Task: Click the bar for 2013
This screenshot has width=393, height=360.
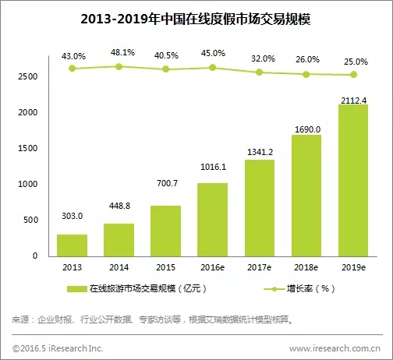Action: point(72,245)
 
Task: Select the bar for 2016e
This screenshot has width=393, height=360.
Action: point(212,220)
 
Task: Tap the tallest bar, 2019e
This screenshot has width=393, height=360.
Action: point(353,181)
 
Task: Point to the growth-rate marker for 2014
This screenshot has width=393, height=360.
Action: point(119,67)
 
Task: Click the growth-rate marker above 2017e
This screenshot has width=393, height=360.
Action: point(259,72)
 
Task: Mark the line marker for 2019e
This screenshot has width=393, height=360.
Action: point(353,75)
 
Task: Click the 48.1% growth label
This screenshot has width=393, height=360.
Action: point(122,52)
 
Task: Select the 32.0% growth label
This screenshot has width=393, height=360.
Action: point(263,58)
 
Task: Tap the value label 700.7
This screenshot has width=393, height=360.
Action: point(167,183)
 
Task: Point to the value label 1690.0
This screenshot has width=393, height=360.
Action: point(307,129)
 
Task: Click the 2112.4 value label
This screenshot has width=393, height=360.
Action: point(353,101)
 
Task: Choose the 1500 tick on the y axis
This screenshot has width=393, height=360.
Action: point(27,148)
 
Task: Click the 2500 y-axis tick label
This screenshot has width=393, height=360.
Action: point(27,76)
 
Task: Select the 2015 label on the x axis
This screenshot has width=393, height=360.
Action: point(165,267)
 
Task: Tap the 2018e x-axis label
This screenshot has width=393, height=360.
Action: point(306,267)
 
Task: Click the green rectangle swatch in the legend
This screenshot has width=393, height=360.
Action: point(77,289)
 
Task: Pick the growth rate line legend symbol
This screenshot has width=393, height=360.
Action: point(274,289)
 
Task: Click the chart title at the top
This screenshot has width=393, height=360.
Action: point(196,19)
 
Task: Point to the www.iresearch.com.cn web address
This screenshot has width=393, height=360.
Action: point(335,348)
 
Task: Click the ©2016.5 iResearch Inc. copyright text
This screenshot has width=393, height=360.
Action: point(58,348)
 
